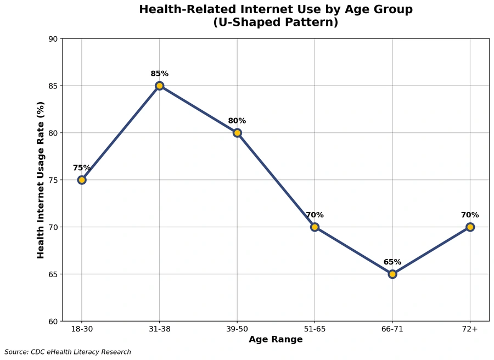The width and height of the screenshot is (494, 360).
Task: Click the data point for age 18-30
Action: pos(82,180)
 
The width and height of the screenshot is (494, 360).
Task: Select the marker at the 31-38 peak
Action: pos(159,86)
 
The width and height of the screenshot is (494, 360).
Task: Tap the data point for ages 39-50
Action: pos(237,133)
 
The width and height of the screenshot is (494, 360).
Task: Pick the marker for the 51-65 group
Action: pos(315,227)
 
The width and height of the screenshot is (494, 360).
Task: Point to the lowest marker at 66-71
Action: pos(392,274)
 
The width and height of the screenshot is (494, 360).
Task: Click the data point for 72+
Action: pos(470,227)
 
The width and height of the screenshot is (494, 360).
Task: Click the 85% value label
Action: pos(159,74)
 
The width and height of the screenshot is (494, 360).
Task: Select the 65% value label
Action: pos(392,262)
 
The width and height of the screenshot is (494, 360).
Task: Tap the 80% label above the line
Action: pos(237,121)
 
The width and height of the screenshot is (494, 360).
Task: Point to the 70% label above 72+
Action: pos(470,215)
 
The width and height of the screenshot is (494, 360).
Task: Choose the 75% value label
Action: pos(82,168)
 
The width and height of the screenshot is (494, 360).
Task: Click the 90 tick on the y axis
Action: pos(53,39)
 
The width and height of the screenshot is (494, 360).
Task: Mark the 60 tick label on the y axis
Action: pos(53,321)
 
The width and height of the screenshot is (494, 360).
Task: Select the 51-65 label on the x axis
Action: pos(315,329)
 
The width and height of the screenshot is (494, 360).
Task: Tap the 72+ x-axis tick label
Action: pos(470,329)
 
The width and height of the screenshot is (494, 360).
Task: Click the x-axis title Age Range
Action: pos(276,340)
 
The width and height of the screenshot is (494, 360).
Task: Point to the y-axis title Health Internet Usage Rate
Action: pos(41,180)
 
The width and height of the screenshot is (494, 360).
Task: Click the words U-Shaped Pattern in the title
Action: pos(276,23)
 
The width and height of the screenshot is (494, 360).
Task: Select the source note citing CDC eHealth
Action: pos(68,352)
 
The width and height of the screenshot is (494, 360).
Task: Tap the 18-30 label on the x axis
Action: pos(82,329)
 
